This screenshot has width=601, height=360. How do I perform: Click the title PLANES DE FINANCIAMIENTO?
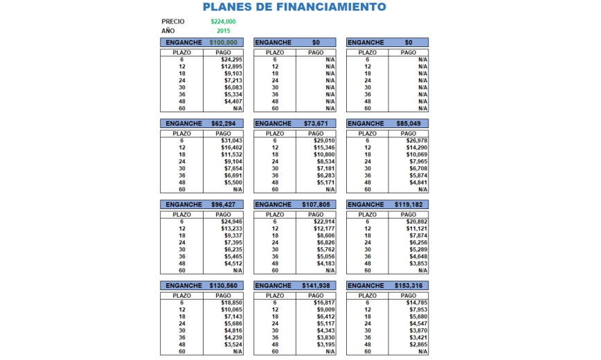(x=294, y=8)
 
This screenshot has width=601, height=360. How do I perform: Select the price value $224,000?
(x=223, y=21)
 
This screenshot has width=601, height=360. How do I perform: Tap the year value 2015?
(x=223, y=31)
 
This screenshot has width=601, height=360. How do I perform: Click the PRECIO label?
(x=173, y=21)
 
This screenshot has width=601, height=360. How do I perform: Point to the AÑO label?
(x=168, y=31)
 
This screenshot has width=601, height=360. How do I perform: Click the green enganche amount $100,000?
(x=223, y=43)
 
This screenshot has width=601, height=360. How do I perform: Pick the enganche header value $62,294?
(x=224, y=124)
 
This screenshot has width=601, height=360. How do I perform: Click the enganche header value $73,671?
(x=315, y=124)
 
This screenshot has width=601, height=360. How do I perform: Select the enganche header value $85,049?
(x=409, y=124)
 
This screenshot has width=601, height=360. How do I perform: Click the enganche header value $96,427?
(x=224, y=205)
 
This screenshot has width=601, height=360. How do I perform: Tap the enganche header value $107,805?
(x=315, y=205)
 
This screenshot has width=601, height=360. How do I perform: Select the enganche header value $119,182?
(x=409, y=205)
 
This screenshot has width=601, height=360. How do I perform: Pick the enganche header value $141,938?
(x=315, y=286)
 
